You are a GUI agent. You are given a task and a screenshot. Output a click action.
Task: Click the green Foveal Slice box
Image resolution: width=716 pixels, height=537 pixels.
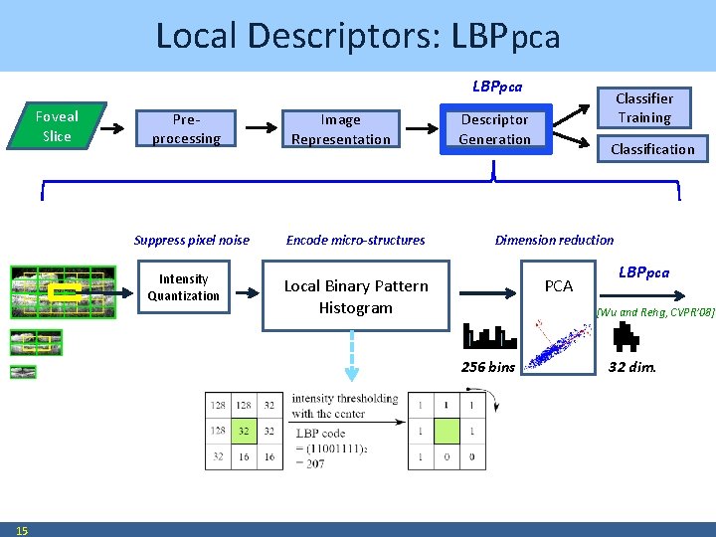tap(57, 126)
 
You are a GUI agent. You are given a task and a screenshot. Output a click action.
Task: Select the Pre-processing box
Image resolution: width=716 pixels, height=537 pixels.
tap(186, 129)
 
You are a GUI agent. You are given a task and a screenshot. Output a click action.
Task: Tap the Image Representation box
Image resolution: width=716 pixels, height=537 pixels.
tap(340, 129)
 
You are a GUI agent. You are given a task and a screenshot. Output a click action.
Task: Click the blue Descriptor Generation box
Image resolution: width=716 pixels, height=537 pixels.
tap(494, 129)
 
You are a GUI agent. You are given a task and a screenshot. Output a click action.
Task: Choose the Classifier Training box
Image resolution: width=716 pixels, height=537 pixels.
tap(643, 107)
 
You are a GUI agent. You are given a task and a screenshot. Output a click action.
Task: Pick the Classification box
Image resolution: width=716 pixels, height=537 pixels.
tap(652, 149)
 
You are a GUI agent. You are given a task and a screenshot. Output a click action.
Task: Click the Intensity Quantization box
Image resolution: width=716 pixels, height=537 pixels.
tap(183, 287)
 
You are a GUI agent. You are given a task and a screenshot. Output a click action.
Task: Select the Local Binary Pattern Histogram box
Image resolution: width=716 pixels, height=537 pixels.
tap(356, 296)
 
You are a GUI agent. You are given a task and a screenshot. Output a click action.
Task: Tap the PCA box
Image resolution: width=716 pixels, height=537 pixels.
tap(559, 286)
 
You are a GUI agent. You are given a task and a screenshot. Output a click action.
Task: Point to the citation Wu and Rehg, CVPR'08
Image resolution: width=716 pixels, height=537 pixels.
tap(654, 312)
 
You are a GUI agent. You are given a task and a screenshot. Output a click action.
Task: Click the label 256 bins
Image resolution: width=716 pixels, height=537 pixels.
tap(487, 367)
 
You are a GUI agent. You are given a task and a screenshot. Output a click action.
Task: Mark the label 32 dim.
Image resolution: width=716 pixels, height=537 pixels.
tap(631, 367)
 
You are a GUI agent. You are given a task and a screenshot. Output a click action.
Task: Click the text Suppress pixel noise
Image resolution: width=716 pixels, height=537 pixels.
tap(191, 240)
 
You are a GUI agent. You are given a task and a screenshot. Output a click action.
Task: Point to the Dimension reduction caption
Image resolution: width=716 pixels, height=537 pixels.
tap(554, 240)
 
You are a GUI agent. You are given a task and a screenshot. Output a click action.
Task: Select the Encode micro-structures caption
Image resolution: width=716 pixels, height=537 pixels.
tap(355, 240)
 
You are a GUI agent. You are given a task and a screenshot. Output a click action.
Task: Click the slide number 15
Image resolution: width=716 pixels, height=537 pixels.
tap(22, 530)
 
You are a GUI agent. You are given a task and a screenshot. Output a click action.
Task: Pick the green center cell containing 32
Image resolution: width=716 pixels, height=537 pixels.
tap(242, 431)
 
